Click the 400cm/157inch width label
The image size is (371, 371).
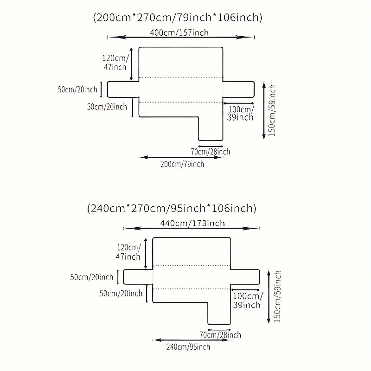pyautogui.click(x=179, y=32)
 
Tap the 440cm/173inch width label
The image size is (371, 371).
pyautogui.click(x=192, y=223)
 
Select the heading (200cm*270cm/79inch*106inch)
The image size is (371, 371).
pyautogui.click(x=178, y=18)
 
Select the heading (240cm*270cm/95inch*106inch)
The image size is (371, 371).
pyautogui.click(x=172, y=208)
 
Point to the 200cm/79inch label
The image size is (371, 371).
pyautogui.click(x=182, y=164)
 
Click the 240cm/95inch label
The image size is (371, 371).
pyautogui.click(x=188, y=347)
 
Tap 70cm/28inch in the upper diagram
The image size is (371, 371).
pyautogui.click(x=211, y=152)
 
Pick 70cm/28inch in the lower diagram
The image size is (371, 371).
pyautogui.click(x=220, y=335)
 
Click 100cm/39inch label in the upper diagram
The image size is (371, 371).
pyautogui.click(x=240, y=113)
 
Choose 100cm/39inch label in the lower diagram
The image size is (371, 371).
pyautogui.click(x=247, y=300)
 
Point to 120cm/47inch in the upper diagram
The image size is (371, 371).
pyautogui.click(x=115, y=63)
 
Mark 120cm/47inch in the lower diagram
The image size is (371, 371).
pyautogui.click(x=128, y=252)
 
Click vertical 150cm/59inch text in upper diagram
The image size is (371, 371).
pyautogui.click(x=272, y=110)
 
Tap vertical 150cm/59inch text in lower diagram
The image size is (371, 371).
pyautogui.click(x=277, y=296)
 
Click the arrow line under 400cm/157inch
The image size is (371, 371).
pyautogui.click(x=181, y=37)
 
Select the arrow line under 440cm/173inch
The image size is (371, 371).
pyautogui.click(x=192, y=228)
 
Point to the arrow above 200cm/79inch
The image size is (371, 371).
pyautogui.click(x=181, y=157)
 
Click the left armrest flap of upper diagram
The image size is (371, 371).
pyautogui.click(x=123, y=90)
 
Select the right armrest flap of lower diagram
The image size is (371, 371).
pyautogui.click(x=245, y=277)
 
